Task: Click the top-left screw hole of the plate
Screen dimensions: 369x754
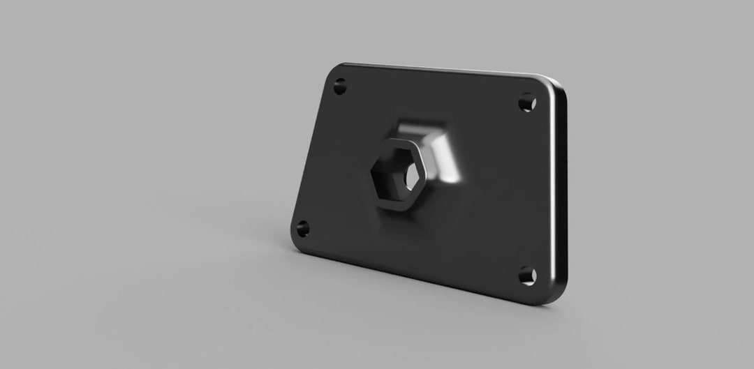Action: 340,88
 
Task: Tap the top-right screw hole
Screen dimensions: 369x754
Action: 527,103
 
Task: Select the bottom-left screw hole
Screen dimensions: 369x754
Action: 303,227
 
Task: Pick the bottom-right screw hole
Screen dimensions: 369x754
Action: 526,276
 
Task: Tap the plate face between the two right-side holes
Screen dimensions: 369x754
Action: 527,188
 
